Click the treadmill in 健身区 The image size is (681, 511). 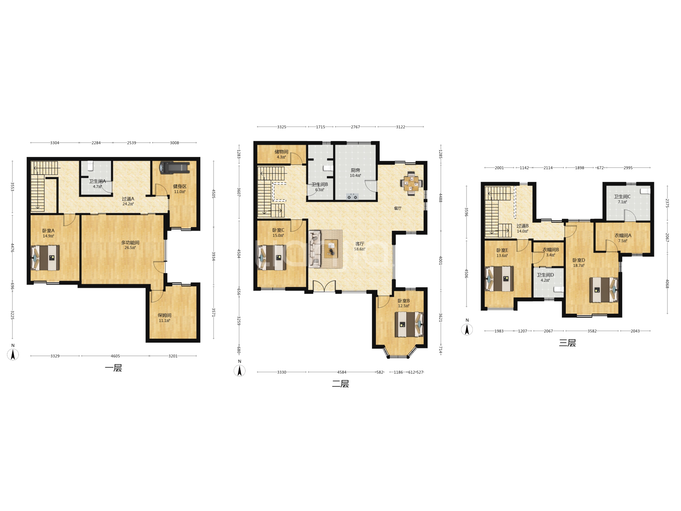(x=174, y=168)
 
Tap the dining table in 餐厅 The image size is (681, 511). (x=411, y=184)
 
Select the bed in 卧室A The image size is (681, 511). (x=45, y=258)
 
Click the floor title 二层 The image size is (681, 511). (x=340, y=384)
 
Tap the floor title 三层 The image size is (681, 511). (x=567, y=343)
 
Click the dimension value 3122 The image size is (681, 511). (x=400, y=127)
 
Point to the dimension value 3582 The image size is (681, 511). (x=592, y=331)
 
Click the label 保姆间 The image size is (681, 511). (x=164, y=315)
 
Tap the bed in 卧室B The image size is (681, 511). (x=409, y=324)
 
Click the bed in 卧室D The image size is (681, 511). (x=604, y=290)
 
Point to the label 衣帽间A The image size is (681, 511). (x=623, y=235)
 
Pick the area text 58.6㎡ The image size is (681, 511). (x=360, y=249)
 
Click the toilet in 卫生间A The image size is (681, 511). (x=90, y=166)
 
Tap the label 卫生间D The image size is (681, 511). (x=545, y=275)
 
